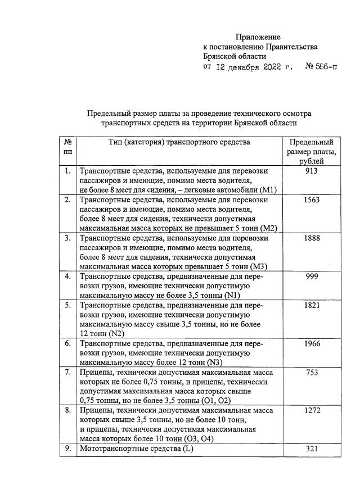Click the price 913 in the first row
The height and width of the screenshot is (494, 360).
pos(311,171)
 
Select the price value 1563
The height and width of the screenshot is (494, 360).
pos(311,200)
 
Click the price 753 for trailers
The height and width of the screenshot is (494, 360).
pos(311,372)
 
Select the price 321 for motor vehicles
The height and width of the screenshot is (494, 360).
pos(311,448)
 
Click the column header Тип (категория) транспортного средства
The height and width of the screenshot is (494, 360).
pos(179,142)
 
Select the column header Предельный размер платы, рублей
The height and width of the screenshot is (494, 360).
pos(311,152)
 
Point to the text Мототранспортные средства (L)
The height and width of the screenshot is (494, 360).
pos(136,448)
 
